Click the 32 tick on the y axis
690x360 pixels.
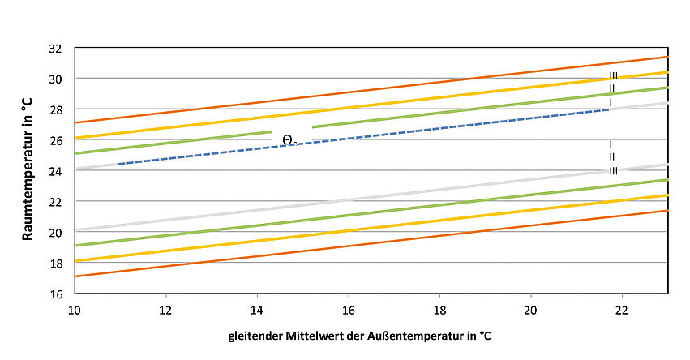point(56,48)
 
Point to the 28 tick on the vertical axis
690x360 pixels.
point(56,109)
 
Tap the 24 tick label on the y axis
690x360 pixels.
point(56,170)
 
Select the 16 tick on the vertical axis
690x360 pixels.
point(56,293)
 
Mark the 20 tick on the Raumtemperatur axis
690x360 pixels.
point(56,232)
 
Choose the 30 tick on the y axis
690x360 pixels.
point(56,79)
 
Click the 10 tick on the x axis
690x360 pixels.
point(75,309)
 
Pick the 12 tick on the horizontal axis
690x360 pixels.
point(165,309)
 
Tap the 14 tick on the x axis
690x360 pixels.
point(257,309)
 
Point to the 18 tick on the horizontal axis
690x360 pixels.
point(439,309)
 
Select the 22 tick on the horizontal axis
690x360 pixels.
point(622,309)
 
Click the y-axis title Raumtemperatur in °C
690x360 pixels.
point(26,169)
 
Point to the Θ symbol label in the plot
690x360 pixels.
point(288,139)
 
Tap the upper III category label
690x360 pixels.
point(614,76)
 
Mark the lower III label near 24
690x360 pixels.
point(614,170)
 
